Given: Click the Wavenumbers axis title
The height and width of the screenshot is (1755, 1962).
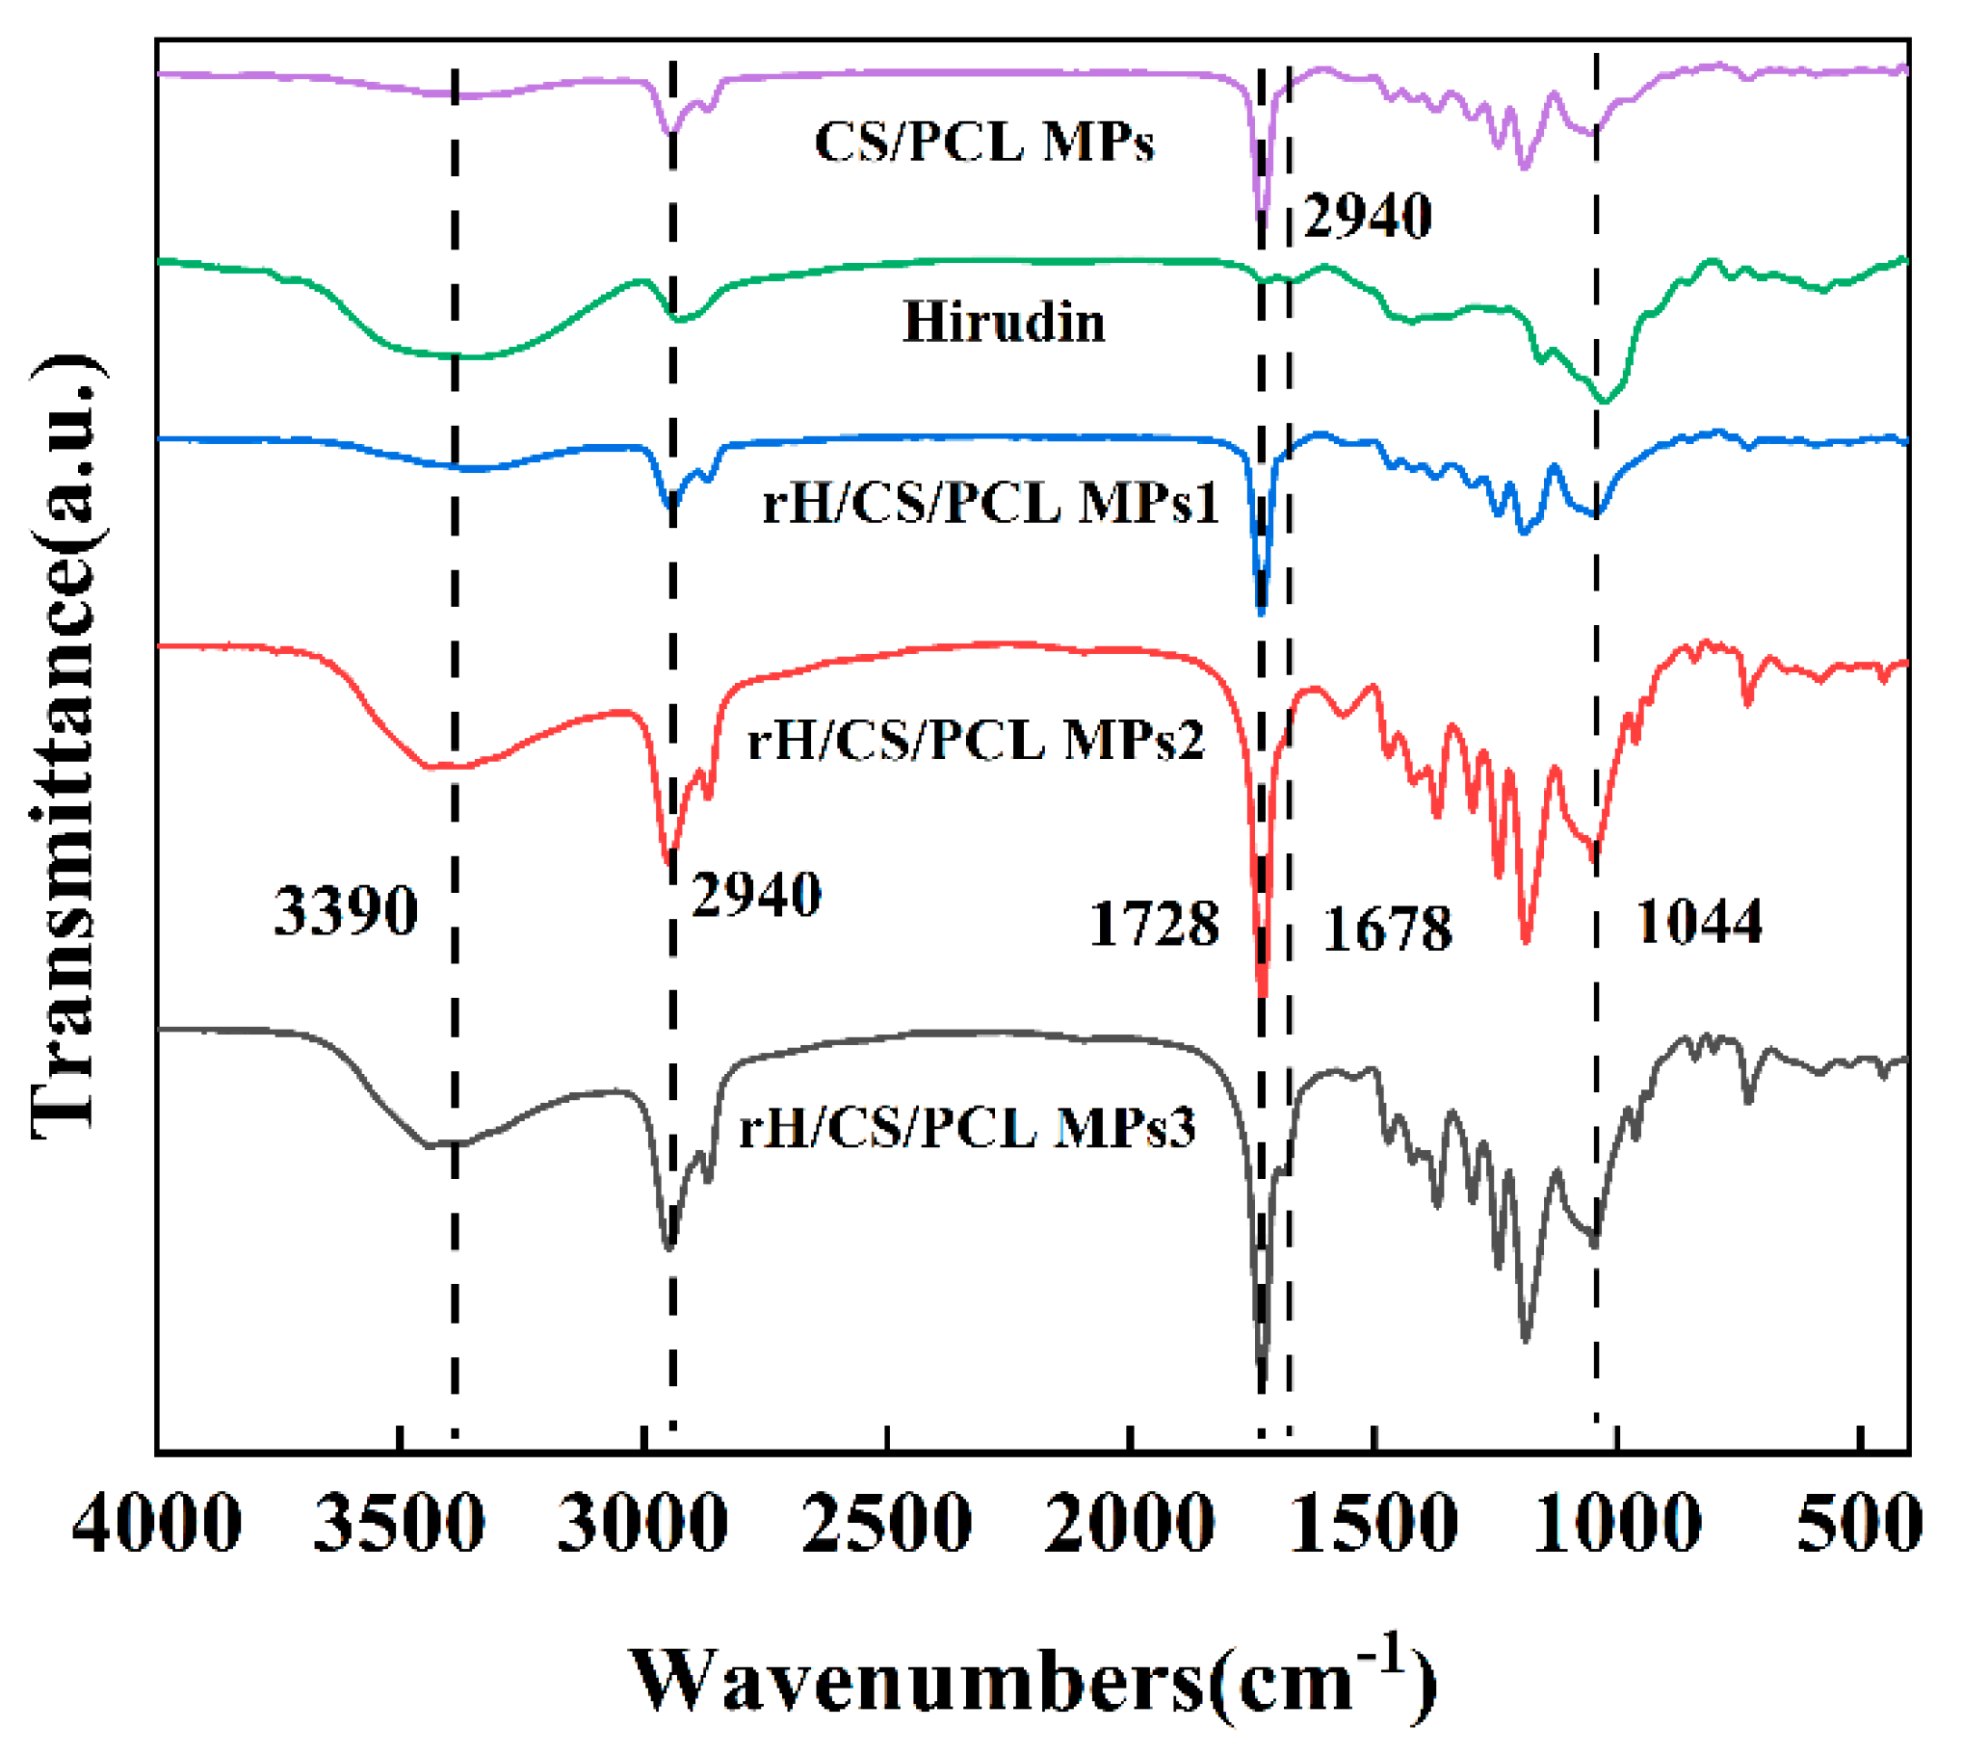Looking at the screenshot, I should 1033,1679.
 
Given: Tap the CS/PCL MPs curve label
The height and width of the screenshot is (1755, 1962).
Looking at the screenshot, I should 983,143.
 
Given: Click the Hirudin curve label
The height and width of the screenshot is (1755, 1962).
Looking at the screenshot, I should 1004,322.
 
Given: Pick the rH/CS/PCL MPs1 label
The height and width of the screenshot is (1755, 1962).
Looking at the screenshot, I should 991,503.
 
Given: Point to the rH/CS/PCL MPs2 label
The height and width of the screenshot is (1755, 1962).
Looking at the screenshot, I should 976,741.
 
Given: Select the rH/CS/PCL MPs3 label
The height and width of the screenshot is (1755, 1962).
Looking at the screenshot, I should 967,1126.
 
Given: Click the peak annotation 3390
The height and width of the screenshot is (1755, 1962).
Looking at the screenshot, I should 346,911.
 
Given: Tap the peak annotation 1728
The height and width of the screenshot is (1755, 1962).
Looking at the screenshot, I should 1154,924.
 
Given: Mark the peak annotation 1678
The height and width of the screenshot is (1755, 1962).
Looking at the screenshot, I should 1387,930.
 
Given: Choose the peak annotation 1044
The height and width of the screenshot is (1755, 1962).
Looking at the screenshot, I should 1700,921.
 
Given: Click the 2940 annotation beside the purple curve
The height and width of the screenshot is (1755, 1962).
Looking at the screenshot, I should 1367,215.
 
